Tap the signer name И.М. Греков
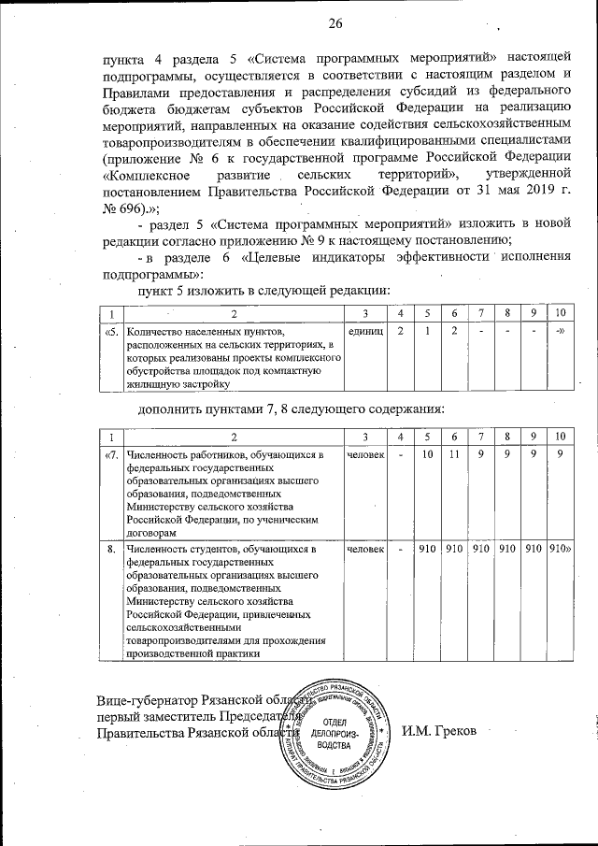438,729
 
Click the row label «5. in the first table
110,332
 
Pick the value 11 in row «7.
454,455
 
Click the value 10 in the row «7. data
427,455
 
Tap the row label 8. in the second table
110,549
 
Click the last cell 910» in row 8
561,549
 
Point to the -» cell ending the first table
560,332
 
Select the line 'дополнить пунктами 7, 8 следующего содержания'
291,409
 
